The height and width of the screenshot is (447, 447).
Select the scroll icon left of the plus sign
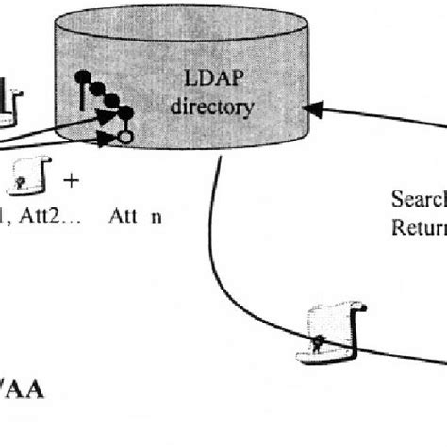(x=30, y=177)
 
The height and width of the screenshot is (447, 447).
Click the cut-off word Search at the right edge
(x=419, y=199)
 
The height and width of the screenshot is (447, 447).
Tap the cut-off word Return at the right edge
(x=419, y=227)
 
